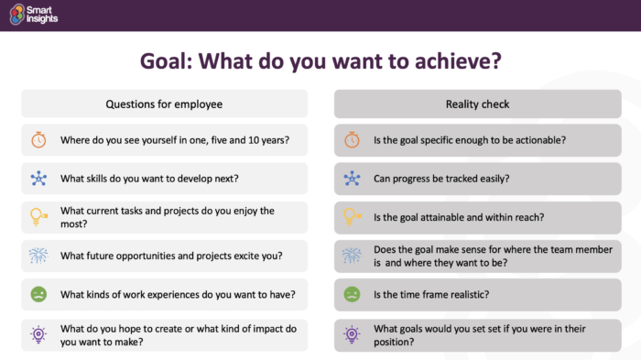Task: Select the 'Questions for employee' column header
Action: pos(164,103)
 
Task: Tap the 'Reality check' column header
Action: pos(477,103)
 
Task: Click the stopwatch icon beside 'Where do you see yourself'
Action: pos(38,140)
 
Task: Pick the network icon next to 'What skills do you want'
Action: pos(38,179)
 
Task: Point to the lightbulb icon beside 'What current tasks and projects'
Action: pos(38,217)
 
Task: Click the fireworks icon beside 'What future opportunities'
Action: pos(38,256)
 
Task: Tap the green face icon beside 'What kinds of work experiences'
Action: pos(38,294)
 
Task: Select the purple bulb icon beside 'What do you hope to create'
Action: pos(38,333)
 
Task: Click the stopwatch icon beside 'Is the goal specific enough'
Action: pos(352,140)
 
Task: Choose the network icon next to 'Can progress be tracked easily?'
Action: pos(352,179)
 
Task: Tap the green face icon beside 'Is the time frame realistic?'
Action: pos(352,294)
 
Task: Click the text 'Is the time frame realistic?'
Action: pos(429,294)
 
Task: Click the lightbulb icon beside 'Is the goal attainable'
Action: pos(352,217)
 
